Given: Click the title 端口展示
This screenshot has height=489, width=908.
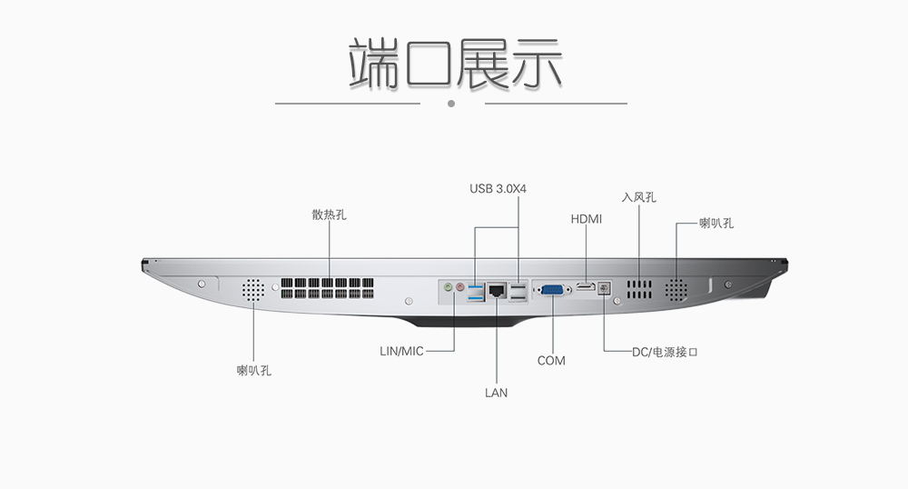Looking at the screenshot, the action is click(x=455, y=64).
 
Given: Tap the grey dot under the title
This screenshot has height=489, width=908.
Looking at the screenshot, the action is click(x=451, y=104).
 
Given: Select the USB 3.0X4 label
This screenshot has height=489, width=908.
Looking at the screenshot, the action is click(x=498, y=189).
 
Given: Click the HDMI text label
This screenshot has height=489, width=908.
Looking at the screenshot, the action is click(x=587, y=219).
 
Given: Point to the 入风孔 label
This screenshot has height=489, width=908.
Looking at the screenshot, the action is click(x=638, y=197).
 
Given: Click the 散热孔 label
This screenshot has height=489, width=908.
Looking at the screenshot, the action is click(x=329, y=215).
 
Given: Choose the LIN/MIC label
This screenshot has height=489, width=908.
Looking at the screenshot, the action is click(x=401, y=351).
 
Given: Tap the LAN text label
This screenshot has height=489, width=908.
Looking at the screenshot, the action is click(x=497, y=393).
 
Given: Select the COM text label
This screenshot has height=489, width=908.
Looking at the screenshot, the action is click(x=551, y=361).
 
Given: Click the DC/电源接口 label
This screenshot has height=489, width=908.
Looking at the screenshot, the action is click(x=665, y=353).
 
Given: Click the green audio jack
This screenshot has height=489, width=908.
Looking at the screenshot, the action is click(x=448, y=287).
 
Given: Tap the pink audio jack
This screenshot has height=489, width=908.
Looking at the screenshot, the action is click(x=460, y=287).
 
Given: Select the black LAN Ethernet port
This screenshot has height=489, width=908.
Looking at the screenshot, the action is click(x=497, y=290).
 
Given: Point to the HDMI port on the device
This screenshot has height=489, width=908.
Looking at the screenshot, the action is click(x=586, y=287).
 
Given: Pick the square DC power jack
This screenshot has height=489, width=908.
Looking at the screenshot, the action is click(x=604, y=288).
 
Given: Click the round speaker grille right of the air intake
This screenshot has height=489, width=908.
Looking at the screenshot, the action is click(x=676, y=290).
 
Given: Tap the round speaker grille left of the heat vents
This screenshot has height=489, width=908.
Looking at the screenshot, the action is click(x=253, y=290).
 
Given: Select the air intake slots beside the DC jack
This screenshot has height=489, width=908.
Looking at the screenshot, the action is click(x=638, y=289).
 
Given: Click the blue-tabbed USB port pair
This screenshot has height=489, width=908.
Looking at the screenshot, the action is click(x=476, y=294).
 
